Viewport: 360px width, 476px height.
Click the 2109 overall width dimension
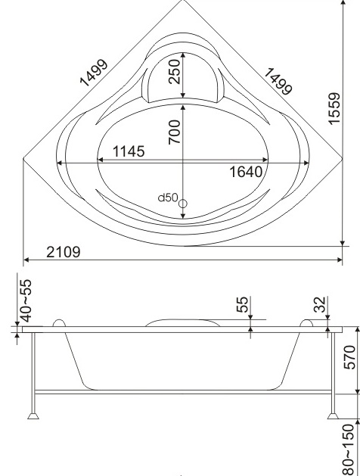coord(64,252)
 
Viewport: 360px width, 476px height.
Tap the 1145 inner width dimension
coord(129,151)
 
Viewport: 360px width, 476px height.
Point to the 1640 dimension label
coord(246,172)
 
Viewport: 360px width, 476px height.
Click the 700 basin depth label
coord(175,132)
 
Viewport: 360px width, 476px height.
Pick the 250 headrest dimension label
coord(175,72)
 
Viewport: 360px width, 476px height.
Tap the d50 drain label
coord(168,198)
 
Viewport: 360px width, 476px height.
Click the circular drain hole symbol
coord(182,204)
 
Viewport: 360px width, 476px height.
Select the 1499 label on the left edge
coord(94,73)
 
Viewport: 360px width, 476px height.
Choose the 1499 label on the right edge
coord(278,82)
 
